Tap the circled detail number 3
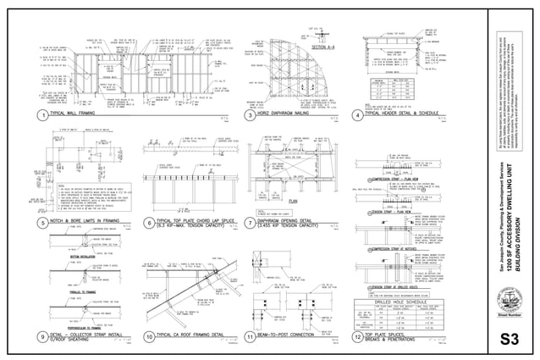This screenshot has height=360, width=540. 250,114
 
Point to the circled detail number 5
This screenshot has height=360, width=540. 41,224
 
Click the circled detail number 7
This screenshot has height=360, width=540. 250,224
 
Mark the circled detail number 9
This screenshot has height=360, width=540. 41,337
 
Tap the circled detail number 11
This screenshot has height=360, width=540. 250,337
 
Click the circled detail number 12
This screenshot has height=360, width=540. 357,337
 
